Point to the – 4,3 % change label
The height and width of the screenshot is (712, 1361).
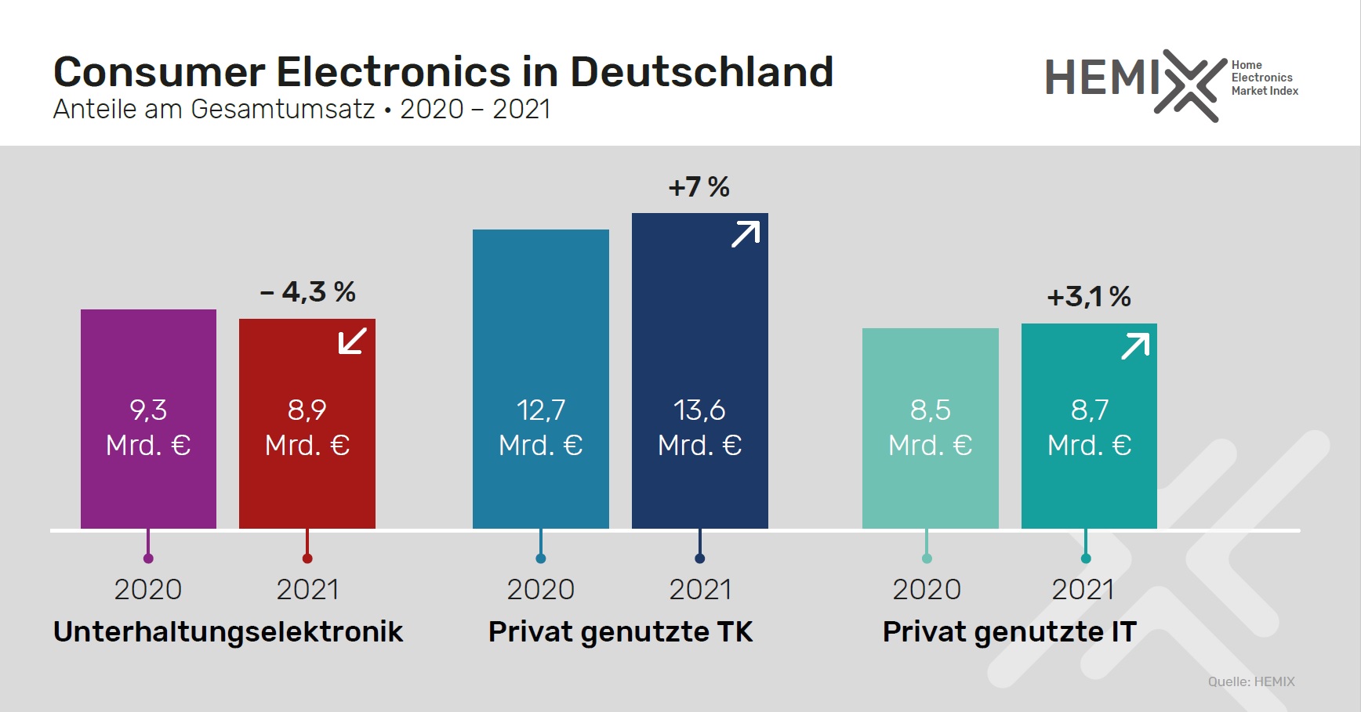pos(308,292)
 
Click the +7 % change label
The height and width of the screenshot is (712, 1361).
pos(699,187)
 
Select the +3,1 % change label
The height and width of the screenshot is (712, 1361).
pos(1089,297)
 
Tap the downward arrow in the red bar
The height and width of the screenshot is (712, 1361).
pos(352,341)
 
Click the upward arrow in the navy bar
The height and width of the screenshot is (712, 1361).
pos(746,234)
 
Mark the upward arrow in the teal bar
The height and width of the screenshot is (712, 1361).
pos(1135,345)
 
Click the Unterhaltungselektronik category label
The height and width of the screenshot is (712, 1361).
pos(228,631)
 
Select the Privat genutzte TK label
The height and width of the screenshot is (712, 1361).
pos(620,631)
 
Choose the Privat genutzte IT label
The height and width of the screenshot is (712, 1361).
pos(1009,631)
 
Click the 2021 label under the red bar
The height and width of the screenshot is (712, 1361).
pos(307,589)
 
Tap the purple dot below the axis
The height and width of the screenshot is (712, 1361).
pos(148,558)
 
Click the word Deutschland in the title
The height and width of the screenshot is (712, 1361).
pos(701,72)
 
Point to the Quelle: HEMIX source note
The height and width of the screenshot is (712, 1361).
pos(1251,681)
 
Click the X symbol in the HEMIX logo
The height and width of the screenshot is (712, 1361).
pos(1190,85)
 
